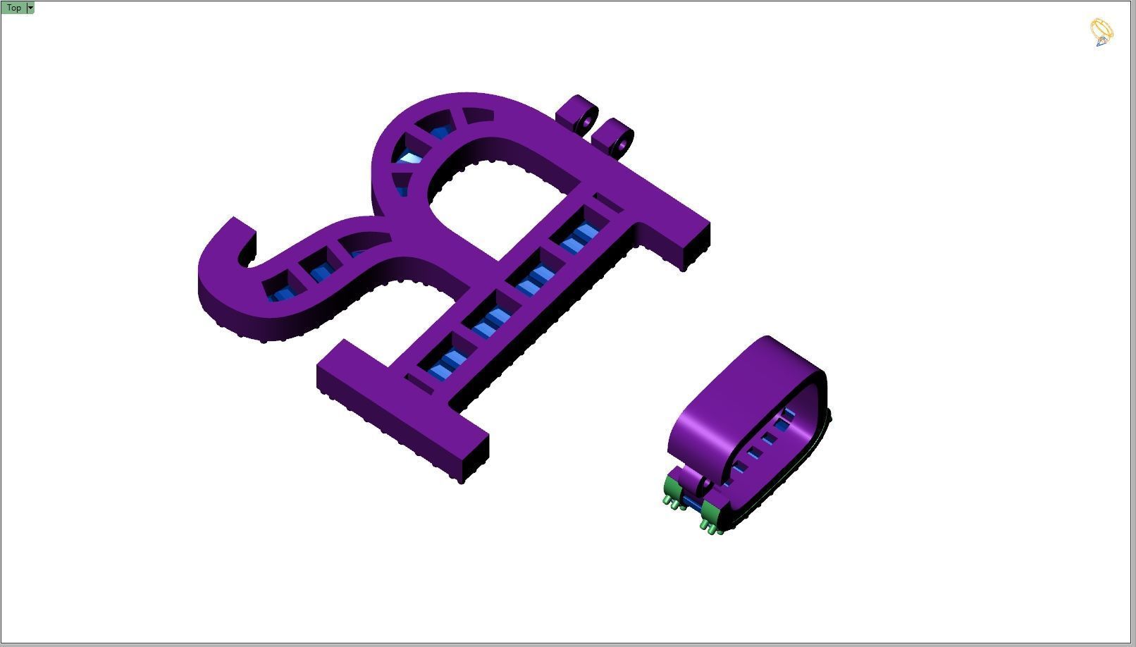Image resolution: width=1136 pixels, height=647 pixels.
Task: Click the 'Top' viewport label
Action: click(13, 8)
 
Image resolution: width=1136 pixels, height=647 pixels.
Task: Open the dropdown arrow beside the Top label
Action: click(30, 8)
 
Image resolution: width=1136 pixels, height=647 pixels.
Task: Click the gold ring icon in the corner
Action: click(1101, 32)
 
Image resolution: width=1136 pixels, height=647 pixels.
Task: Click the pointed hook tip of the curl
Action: click(235, 220)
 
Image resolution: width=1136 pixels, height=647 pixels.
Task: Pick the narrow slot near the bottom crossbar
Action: click(419, 384)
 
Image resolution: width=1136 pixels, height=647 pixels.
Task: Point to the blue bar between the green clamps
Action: click(690, 504)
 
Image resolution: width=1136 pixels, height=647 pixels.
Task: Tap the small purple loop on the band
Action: click(703, 485)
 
